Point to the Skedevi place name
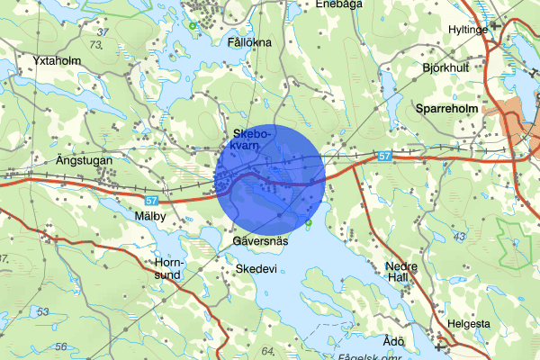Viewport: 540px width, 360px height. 254,268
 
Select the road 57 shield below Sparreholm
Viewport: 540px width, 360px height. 385,157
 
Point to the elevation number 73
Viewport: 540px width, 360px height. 96,44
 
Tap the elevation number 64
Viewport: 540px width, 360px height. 267,350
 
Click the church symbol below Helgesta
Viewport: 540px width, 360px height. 441,343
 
